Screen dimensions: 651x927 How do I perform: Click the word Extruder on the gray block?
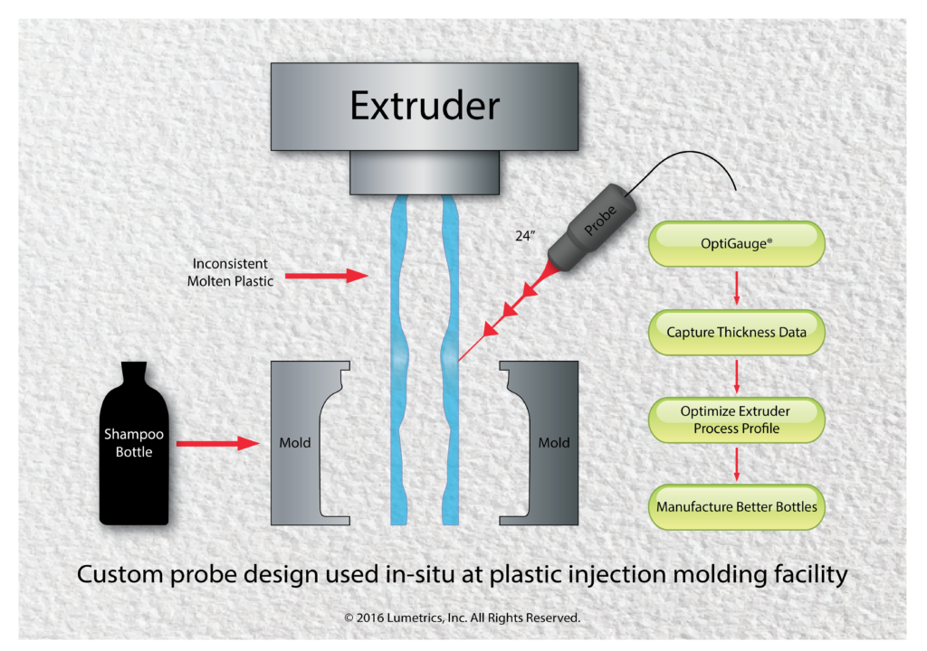pos(425,106)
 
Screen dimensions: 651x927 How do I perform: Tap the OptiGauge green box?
pos(737,245)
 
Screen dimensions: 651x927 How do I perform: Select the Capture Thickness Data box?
pos(736,332)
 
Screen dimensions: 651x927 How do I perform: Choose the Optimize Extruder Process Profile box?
pos(736,420)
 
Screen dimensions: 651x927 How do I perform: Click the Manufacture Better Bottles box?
pos(736,506)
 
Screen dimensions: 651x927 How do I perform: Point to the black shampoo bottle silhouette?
pos(134,452)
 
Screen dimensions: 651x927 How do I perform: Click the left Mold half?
pos(299,443)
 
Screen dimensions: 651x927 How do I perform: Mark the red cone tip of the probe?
pos(553,269)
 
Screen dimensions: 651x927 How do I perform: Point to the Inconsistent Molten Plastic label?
pos(230,272)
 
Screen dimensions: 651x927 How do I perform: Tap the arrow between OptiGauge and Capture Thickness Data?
pos(736,288)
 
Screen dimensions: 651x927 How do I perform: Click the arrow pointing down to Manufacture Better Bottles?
pos(736,463)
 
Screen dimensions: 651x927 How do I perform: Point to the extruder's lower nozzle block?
pos(425,172)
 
